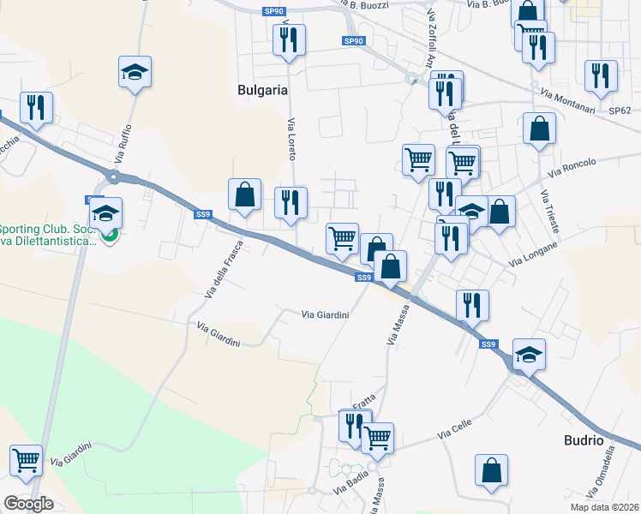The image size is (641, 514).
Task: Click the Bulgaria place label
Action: coord(261,89)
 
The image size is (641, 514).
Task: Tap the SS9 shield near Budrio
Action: coord(488,344)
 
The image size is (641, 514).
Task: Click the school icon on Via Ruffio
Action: coord(135,71)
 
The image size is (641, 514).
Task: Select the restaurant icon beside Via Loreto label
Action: coord(290,202)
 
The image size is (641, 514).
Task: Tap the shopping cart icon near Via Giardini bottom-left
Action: coord(27,459)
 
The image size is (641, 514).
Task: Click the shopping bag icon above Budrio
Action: coord(492,470)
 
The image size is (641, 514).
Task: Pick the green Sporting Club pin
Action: coord(107,236)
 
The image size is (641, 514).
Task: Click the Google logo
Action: coord(28,504)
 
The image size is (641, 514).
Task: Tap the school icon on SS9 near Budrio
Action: coord(529,354)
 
